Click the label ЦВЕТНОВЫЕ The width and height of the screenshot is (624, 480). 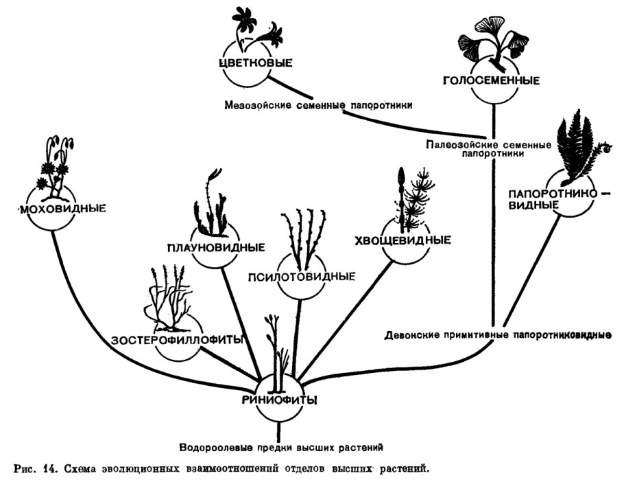tap(255, 63)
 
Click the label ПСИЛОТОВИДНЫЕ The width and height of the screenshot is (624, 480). tap(302, 276)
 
